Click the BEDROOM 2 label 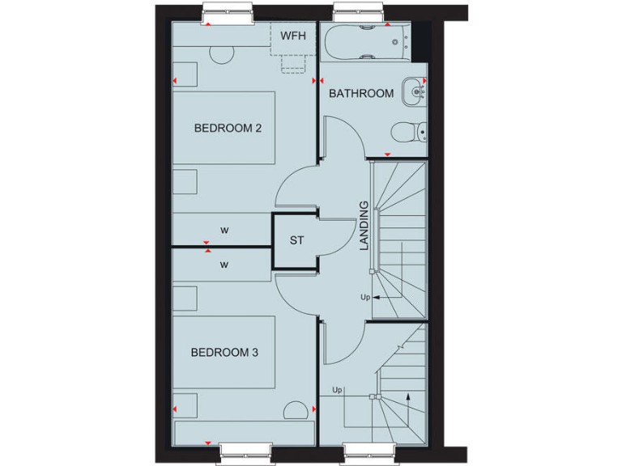(x=227, y=128)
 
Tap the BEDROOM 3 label (x=224, y=352)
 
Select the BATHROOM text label (x=361, y=93)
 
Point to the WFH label (x=292, y=36)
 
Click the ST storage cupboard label (x=296, y=240)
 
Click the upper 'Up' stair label (x=365, y=298)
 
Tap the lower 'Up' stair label (x=337, y=391)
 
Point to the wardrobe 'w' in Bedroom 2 (x=224, y=231)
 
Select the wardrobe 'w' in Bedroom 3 (x=224, y=263)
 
